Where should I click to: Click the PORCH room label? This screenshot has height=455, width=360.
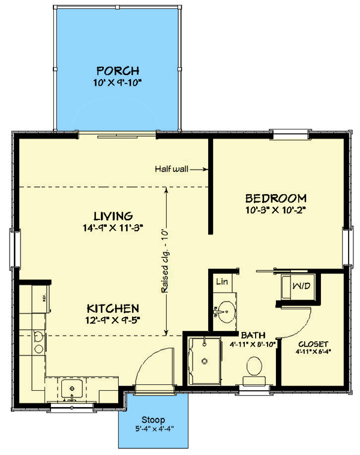[x=118, y=71]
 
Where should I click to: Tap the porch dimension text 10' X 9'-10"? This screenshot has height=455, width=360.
[x=117, y=83]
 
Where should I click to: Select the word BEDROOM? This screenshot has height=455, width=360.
[x=276, y=198]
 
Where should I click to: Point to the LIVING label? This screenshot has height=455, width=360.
[x=113, y=216]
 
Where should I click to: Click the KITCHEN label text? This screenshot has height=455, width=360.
[x=113, y=309]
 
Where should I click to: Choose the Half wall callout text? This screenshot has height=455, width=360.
[x=171, y=169]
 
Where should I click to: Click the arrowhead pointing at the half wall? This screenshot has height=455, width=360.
[x=206, y=169]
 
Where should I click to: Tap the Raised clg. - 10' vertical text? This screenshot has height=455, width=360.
[x=165, y=262]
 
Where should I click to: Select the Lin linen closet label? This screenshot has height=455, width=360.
[x=222, y=282]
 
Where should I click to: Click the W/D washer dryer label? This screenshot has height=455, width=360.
[x=301, y=286]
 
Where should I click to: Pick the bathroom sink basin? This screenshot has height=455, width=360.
[x=227, y=312]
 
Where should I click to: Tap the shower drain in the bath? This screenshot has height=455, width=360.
[x=205, y=361]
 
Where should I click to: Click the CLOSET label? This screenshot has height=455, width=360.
[x=313, y=345]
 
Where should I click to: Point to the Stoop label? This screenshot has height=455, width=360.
[x=153, y=420]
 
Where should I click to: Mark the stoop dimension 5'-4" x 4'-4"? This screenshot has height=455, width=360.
[x=154, y=429]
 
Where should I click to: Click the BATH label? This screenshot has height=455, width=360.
[x=253, y=336]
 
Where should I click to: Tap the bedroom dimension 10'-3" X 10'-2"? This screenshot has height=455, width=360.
[x=276, y=210]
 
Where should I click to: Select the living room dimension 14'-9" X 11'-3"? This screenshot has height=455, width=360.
[x=113, y=228]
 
